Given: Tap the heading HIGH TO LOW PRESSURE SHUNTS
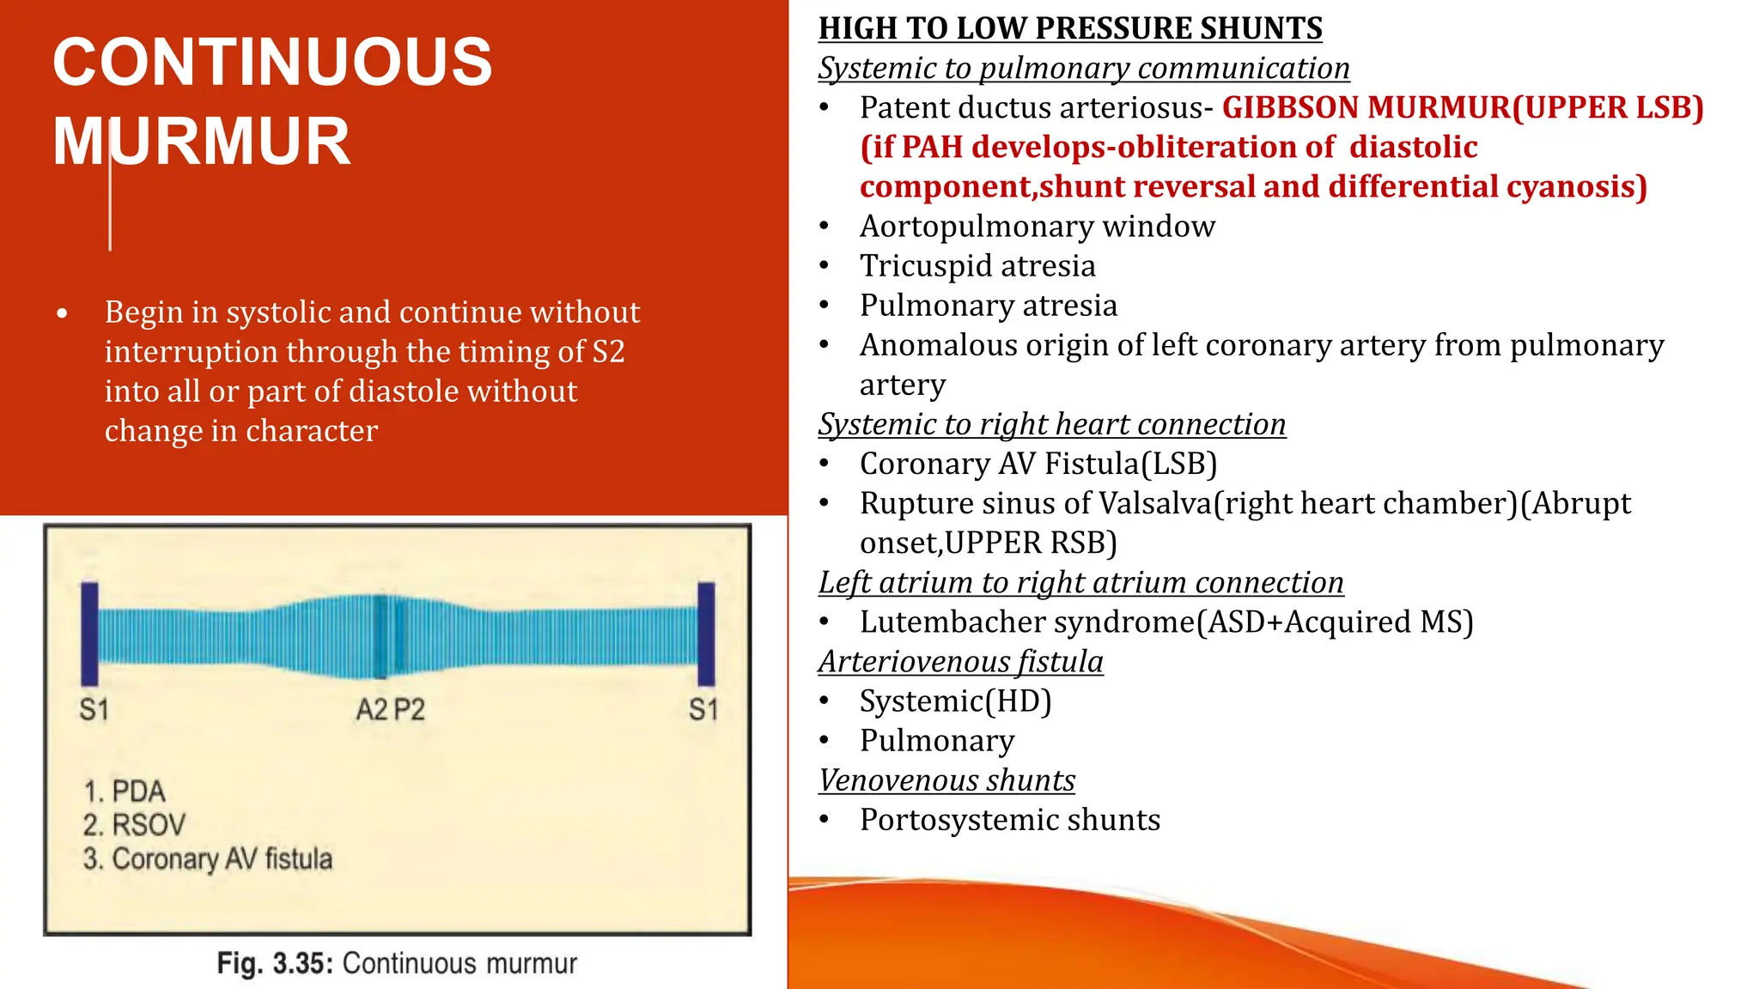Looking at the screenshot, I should point(1069,28).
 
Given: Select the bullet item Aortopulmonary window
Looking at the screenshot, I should point(1037,227).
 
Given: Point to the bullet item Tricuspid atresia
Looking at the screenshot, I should point(977,266).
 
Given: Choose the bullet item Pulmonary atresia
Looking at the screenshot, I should point(988,306).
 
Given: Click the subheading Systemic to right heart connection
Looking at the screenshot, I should point(1051,424).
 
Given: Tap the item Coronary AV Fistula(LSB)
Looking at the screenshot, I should point(1038,464).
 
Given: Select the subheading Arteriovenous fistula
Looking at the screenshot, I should point(960,661).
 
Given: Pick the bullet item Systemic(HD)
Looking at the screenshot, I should point(955,701).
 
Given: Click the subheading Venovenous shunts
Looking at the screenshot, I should point(946,780).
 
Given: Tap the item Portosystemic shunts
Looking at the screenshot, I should point(1009,820).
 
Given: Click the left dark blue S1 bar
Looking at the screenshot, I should point(89,634).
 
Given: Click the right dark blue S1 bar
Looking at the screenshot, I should point(706,634).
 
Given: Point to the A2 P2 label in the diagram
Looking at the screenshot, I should point(390,710).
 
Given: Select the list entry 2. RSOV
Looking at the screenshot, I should point(134,825).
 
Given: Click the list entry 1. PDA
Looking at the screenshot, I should point(125,791).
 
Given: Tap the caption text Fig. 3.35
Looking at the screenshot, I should point(274,963).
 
